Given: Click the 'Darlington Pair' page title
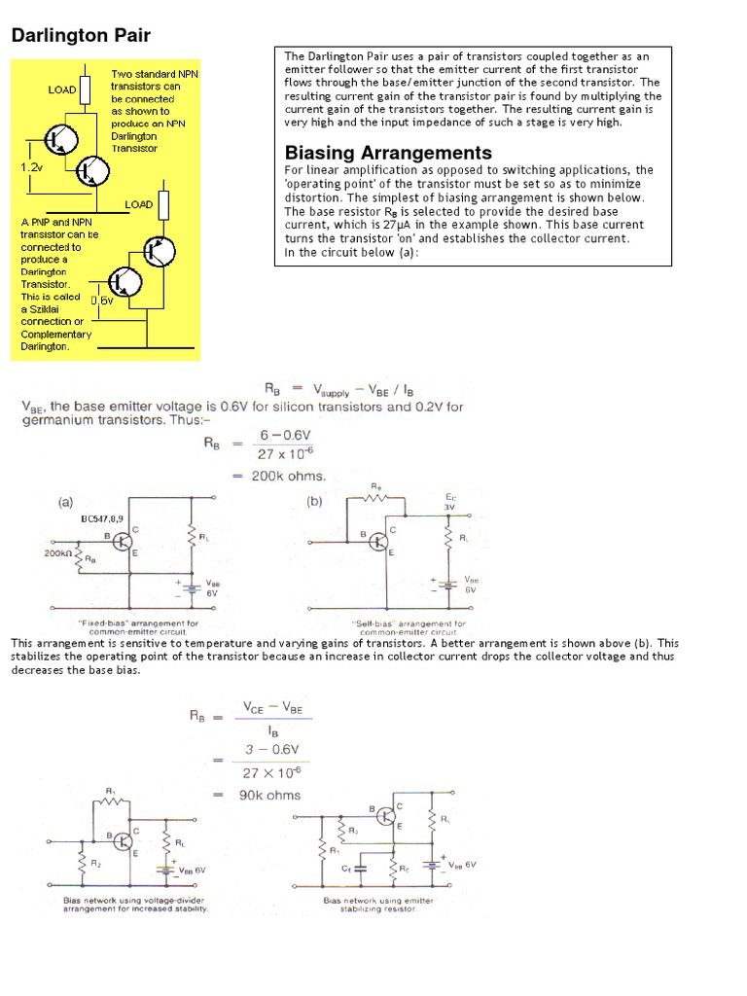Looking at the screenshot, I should click(80, 36).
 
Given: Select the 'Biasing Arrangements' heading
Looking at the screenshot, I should click(387, 153).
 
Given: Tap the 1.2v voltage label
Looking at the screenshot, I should click(31, 167).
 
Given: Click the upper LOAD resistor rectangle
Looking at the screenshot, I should click(86, 90).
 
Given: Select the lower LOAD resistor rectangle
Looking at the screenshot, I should click(162, 205).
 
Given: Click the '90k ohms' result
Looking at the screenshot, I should click(271, 795).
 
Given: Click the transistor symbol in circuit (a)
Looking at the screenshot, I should click(124, 541).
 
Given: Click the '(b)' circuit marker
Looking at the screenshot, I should click(315, 503).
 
